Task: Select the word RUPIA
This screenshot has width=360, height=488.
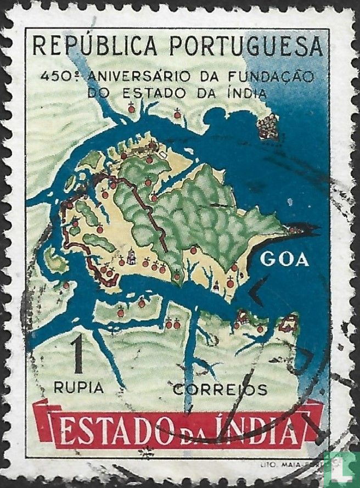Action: tap(78, 388)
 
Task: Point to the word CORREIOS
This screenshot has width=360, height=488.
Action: tap(220, 390)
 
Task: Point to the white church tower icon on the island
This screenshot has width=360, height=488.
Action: tap(132, 256)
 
